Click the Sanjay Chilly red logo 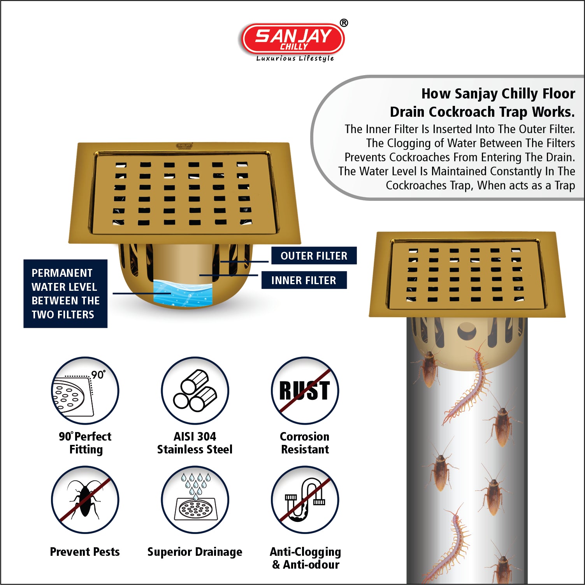(x=293, y=39)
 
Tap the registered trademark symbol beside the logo (x=344, y=23)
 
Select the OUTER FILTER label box (x=314, y=256)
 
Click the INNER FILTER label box (x=304, y=280)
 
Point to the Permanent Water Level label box (x=65, y=293)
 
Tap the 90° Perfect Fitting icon (x=85, y=390)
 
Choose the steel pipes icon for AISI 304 (x=195, y=390)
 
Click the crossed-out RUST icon (x=305, y=390)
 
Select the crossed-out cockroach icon (x=85, y=500)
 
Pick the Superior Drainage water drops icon (x=195, y=500)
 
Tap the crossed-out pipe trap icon (x=305, y=500)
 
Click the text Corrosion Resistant (x=305, y=443)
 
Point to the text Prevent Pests (x=85, y=552)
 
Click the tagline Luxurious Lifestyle (x=295, y=58)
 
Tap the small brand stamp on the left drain (x=184, y=146)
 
